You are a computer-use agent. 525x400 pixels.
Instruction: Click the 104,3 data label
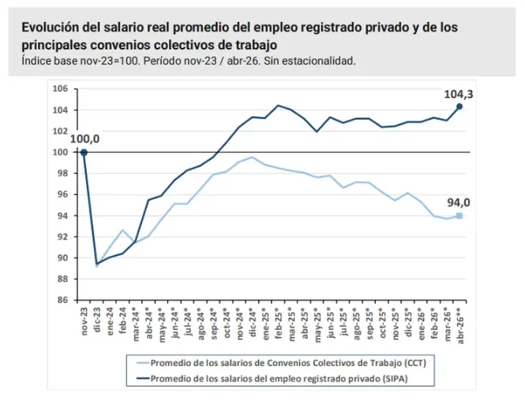click(x=459, y=95)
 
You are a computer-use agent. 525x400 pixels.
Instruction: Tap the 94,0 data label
click(x=459, y=203)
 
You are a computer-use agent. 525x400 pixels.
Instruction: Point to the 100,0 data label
click(x=84, y=139)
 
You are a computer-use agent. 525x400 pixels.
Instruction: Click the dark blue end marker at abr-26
click(x=459, y=107)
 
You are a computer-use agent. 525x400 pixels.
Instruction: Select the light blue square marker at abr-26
click(x=459, y=215)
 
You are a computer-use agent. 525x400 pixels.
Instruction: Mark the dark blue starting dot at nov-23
click(x=84, y=152)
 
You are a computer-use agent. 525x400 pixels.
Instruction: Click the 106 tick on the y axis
click(x=60, y=89)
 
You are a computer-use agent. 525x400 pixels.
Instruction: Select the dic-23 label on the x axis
click(x=97, y=320)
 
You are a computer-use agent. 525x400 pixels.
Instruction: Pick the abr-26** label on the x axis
click(x=460, y=324)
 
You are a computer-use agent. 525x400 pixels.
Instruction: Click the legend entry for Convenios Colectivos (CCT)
click(x=282, y=363)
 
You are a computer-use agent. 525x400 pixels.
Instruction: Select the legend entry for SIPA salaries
click(x=272, y=379)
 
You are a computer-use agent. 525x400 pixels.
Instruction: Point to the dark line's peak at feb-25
click(x=278, y=106)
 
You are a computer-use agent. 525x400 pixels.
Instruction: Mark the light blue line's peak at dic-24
click(x=252, y=157)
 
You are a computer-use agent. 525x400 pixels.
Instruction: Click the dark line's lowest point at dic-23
click(x=97, y=264)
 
